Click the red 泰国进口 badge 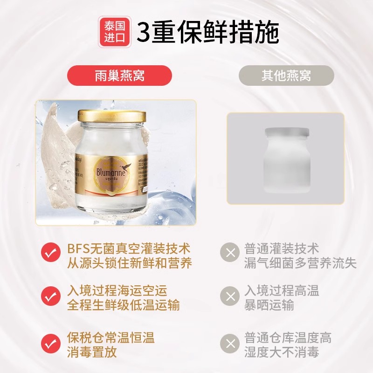(114, 32)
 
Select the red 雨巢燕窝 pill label (119, 76)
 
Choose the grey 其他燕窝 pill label (286, 76)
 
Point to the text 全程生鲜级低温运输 (123, 305)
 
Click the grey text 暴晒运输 (269, 305)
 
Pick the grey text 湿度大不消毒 (282, 352)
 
